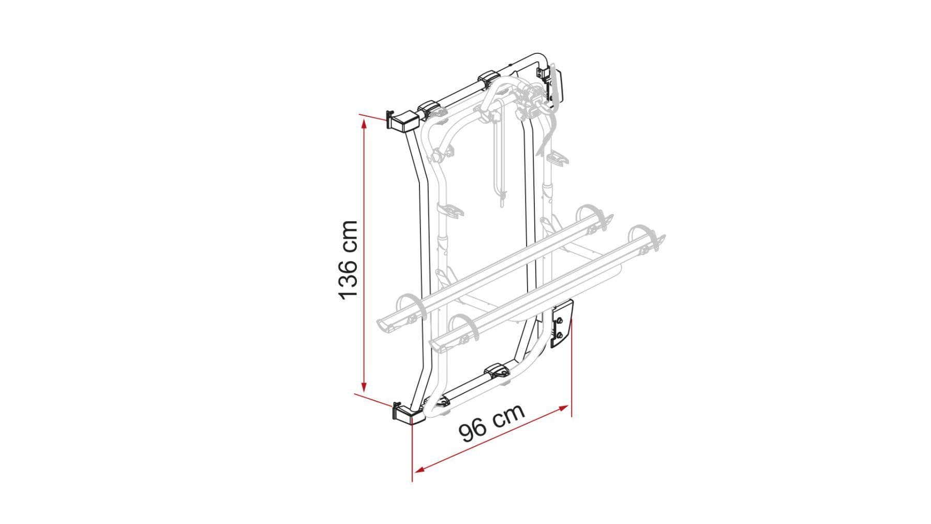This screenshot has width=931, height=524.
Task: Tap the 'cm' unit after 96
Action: (x=508, y=414)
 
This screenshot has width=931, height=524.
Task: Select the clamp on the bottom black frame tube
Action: (x=498, y=371)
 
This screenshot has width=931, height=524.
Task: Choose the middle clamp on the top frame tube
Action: (x=488, y=79)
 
